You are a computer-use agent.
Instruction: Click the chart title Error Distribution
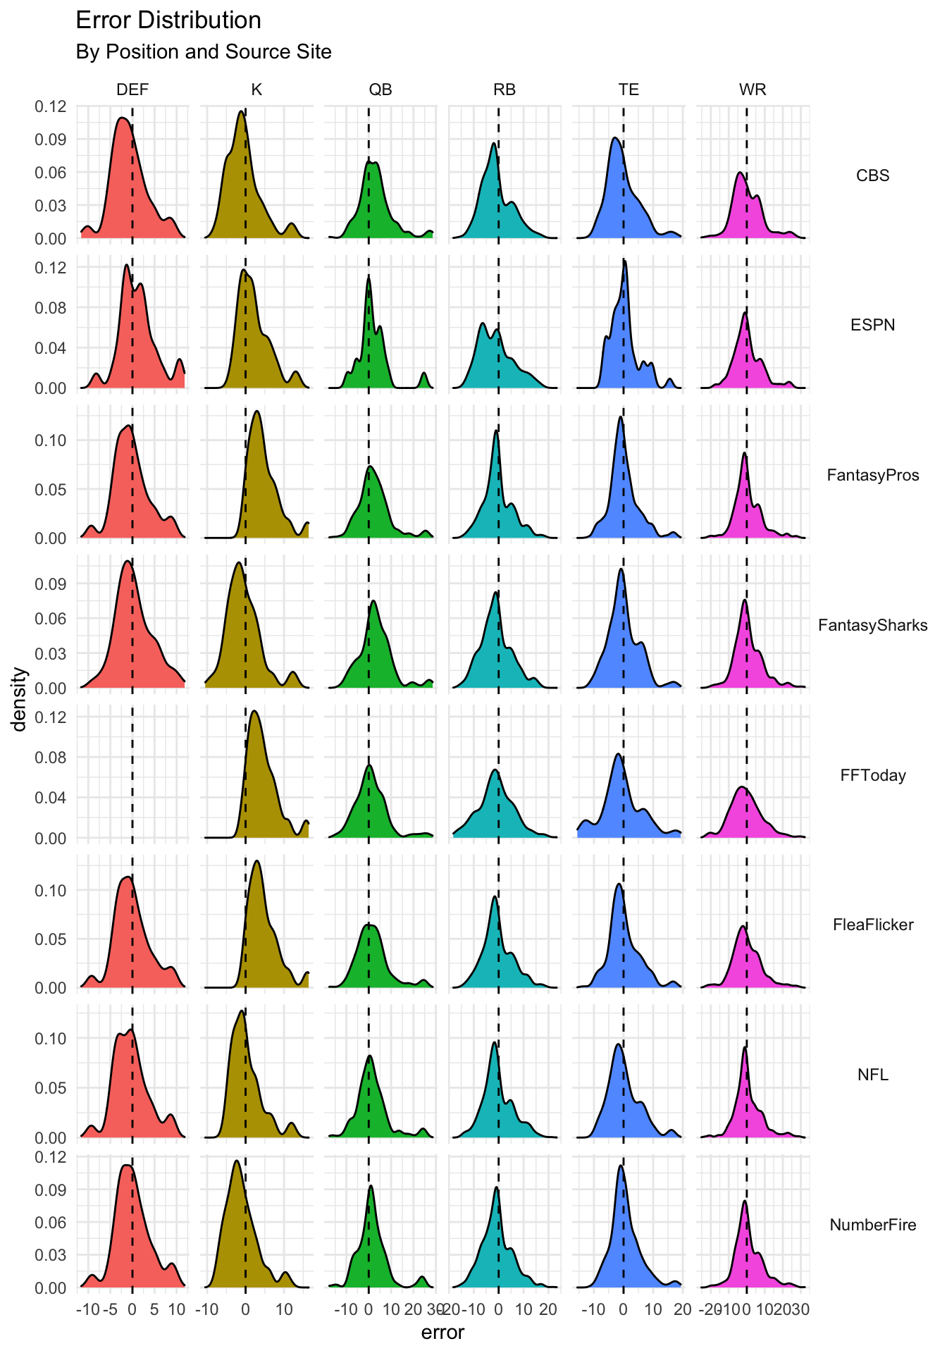pos(168,20)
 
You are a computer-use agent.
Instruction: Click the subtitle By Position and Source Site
pos(204,52)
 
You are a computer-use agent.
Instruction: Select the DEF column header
pos(132,89)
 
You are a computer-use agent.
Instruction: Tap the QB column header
pos(380,89)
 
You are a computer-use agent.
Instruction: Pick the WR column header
pos(753,89)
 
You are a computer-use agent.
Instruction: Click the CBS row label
pos(872,175)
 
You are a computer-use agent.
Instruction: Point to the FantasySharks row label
pos(872,625)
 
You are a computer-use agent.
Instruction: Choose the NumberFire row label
pos(872,1225)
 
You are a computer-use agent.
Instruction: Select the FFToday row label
pos(872,775)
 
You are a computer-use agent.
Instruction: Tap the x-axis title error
pos(442,1333)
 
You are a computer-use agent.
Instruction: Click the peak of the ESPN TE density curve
pos(624,261)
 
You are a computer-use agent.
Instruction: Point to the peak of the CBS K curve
pos(241,111)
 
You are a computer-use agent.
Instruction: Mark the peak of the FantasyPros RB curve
pos(496,431)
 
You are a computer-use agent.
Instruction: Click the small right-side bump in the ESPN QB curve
pos(424,373)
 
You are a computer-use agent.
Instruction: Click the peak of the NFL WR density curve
pos(744,1047)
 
